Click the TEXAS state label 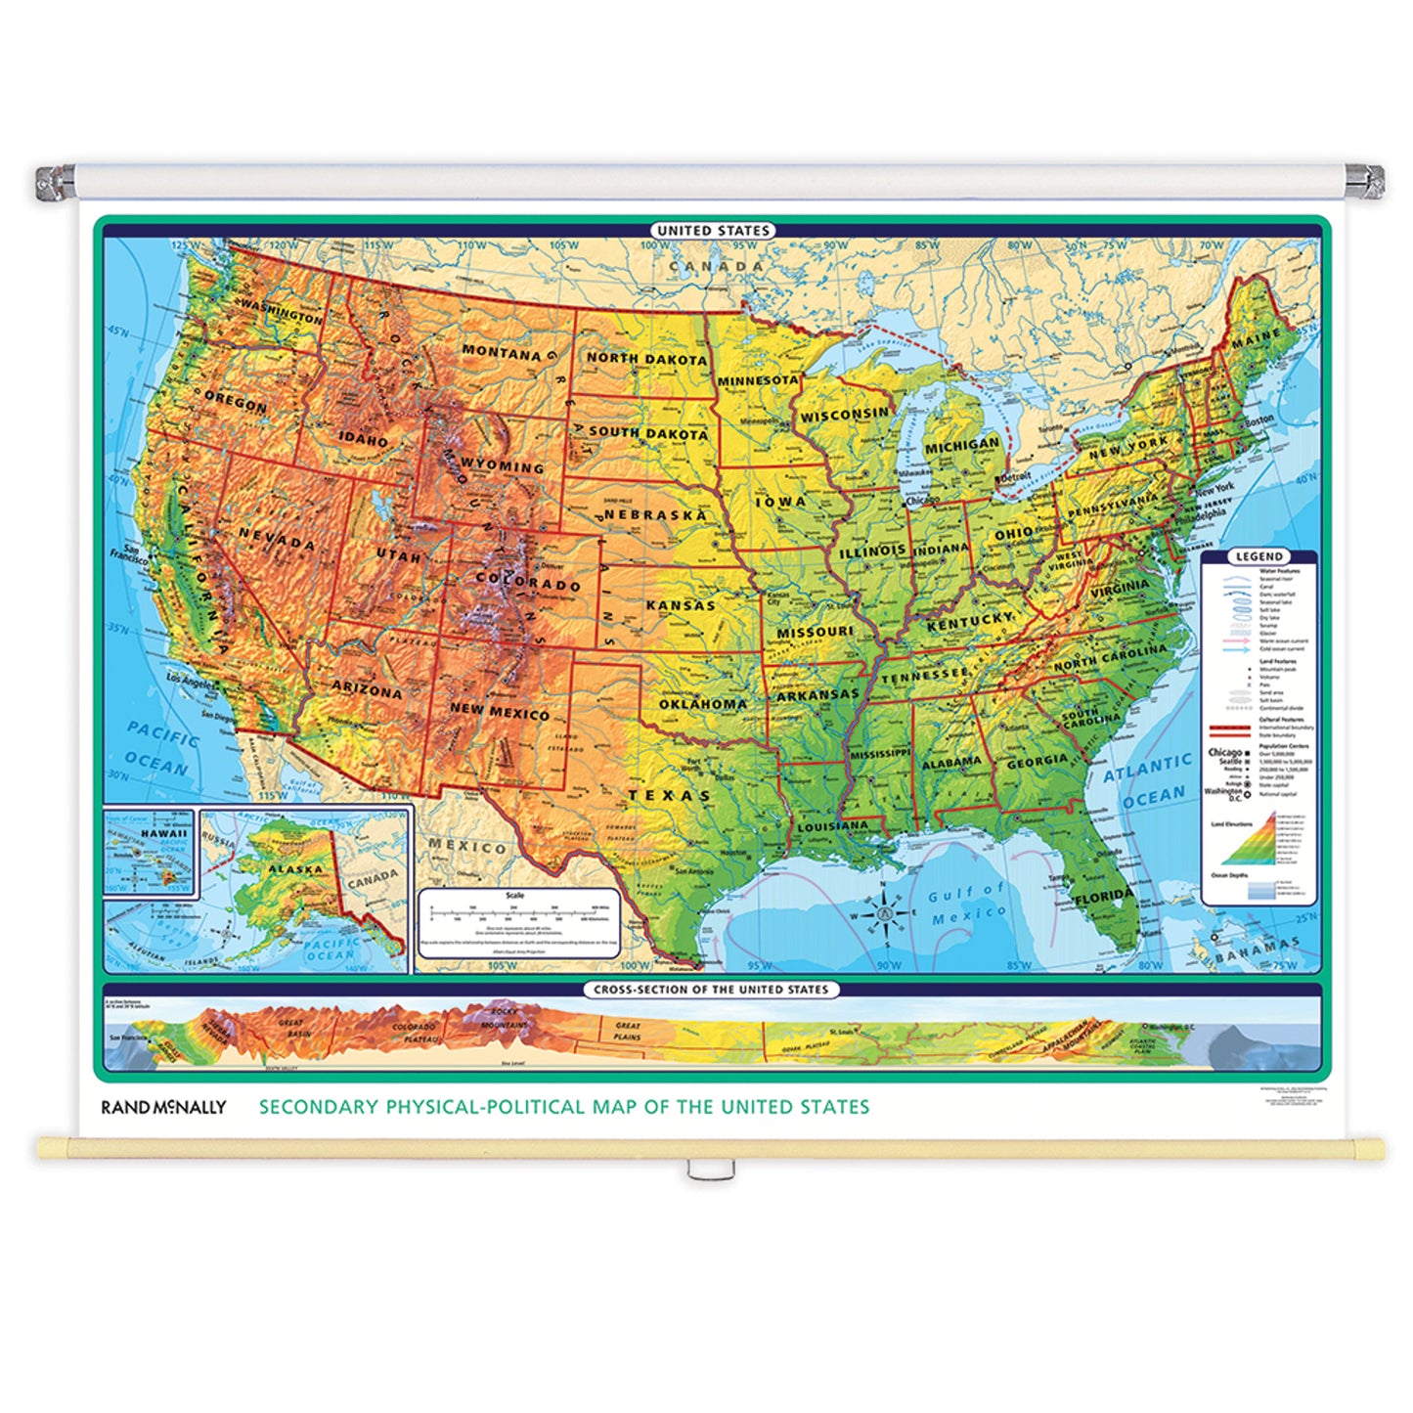(670, 795)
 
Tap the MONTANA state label (501, 352)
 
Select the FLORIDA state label (1103, 897)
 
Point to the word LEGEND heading (1258, 556)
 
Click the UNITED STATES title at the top (713, 231)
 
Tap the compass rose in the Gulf (884, 914)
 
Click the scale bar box (519, 923)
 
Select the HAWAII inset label (163, 834)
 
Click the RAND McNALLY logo (163, 1107)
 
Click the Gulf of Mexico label (967, 903)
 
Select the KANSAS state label (681, 605)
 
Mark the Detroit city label (1014, 476)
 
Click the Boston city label (1259, 419)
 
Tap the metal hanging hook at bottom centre (701, 1170)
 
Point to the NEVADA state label (277, 539)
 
